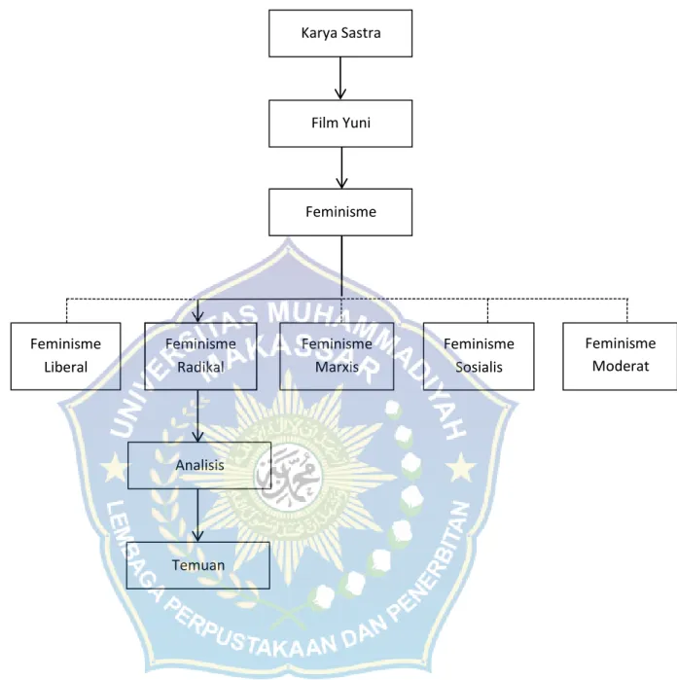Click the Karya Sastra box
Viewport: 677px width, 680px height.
click(340, 33)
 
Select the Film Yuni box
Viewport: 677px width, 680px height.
click(340, 124)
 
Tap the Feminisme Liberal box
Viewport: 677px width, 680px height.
click(65, 356)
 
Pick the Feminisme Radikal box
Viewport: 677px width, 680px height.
click(200, 356)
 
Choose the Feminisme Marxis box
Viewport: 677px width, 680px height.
click(337, 356)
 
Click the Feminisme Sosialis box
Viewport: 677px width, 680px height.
click(479, 356)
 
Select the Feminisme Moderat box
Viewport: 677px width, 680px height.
click(620, 356)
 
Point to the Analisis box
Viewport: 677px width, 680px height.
click(199, 465)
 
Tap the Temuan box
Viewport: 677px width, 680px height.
click(198, 565)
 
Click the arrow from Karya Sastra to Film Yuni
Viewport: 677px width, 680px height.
click(340, 79)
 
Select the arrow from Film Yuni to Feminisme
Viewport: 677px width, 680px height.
click(341, 168)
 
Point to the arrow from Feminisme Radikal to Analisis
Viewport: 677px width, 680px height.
click(197, 416)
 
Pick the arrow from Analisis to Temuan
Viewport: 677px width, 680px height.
click(197, 516)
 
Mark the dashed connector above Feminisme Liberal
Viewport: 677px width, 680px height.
click(66, 310)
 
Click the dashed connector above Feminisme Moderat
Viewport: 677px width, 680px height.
click(627, 310)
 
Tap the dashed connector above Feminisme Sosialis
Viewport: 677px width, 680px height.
click(487, 310)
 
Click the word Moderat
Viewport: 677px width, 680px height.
click(621, 366)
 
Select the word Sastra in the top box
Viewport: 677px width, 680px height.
click(361, 33)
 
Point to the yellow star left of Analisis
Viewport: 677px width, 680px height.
click(114, 468)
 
